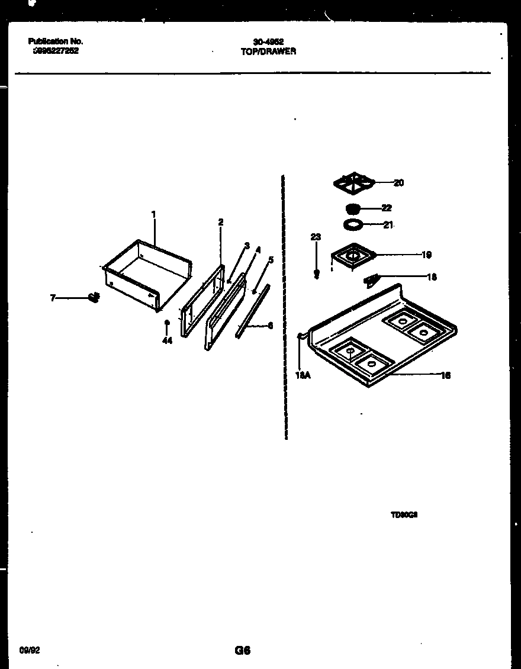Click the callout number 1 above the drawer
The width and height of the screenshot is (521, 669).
coord(153,215)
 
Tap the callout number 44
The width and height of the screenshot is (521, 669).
coord(167,341)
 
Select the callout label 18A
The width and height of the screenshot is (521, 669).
coord(302,374)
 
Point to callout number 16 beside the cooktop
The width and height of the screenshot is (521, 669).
coord(446,375)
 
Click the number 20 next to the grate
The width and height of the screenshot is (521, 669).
coord(398,183)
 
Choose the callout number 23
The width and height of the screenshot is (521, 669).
coord(316,237)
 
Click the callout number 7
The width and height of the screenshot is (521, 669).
coord(53,298)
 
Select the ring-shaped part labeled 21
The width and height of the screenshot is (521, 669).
coord(353,225)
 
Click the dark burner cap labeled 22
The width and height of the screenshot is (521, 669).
coord(353,208)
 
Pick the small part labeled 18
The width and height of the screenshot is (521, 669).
coord(372,279)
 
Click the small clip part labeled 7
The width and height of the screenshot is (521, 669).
coord(94,297)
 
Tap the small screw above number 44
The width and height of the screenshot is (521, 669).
coord(167,323)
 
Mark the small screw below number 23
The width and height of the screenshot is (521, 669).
coord(317,274)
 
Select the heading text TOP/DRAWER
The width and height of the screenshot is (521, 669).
coord(268,52)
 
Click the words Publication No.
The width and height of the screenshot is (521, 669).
coord(56,41)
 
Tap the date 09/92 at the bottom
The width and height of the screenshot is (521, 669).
coord(30,650)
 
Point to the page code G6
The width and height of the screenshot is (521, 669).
coord(242,650)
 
